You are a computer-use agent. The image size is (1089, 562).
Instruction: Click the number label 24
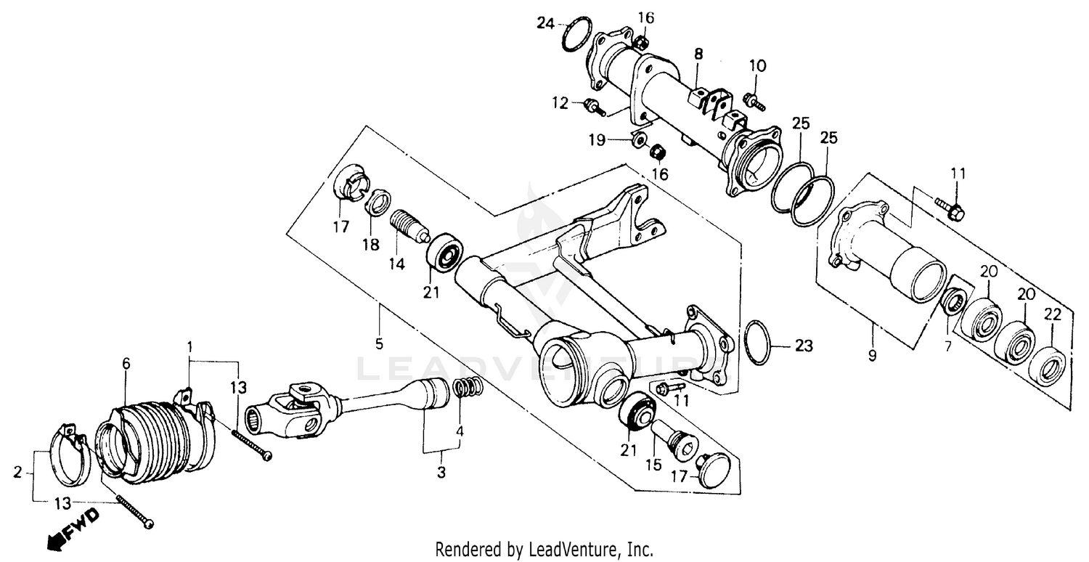click(545, 23)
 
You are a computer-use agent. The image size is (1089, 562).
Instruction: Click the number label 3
click(441, 473)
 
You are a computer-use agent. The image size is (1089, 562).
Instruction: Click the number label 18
click(371, 245)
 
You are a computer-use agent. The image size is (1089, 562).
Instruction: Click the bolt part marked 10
click(756, 102)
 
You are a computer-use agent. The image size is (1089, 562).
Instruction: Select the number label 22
click(1053, 315)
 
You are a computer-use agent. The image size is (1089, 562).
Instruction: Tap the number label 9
click(872, 356)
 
